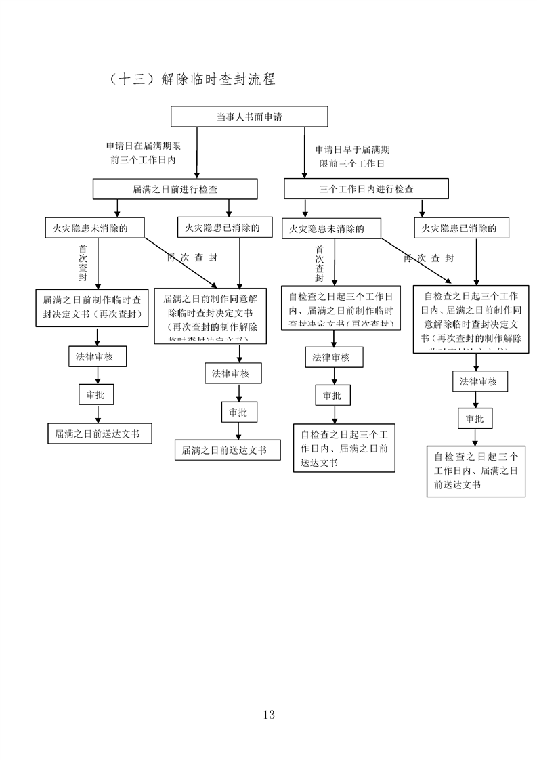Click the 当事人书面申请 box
click(x=249, y=117)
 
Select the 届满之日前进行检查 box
click(x=175, y=189)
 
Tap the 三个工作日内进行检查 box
click(x=366, y=189)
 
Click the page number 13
click(x=268, y=714)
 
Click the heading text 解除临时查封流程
click(x=219, y=79)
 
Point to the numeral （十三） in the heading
click(x=131, y=79)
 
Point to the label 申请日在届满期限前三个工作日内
click(x=143, y=153)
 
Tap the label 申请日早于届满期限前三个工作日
click(x=352, y=156)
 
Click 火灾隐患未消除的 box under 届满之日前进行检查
click(x=95, y=228)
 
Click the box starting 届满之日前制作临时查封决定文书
click(x=92, y=306)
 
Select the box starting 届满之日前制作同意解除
click(x=211, y=316)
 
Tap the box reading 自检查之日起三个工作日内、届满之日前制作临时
click(x=341, y=307)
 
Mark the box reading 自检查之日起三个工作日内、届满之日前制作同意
click(x=471, y=318)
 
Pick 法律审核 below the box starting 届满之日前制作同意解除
click(x=233, y=373)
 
